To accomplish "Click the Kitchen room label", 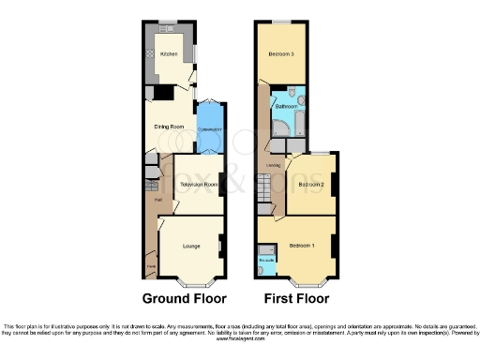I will click(169, 54).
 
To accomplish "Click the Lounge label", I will click(191, 246).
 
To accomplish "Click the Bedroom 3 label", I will click(281, 54).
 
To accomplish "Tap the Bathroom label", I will click(286, 107).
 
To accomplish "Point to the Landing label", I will click(274, 166).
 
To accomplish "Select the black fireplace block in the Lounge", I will click(221, 246).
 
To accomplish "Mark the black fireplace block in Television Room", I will click(221, 179).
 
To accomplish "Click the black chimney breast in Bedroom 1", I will click(333, 247).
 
